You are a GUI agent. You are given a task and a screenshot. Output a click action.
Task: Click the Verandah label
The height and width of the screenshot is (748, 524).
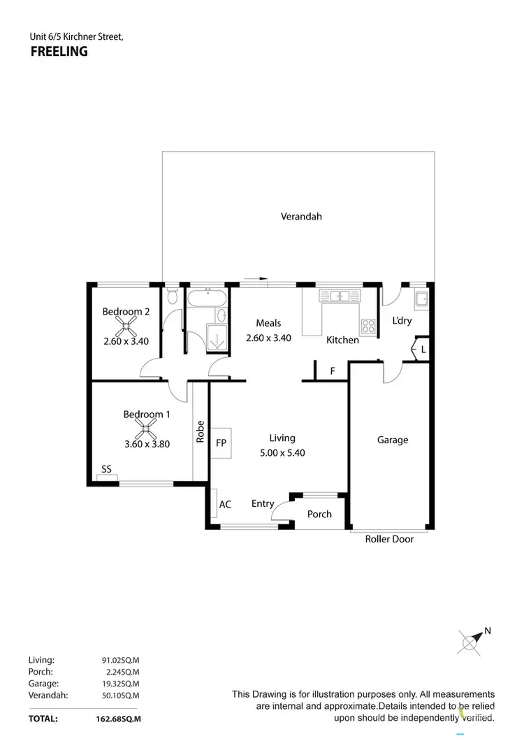[301, 217]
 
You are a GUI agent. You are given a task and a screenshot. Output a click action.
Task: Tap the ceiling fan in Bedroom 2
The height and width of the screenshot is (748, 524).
[126, 326]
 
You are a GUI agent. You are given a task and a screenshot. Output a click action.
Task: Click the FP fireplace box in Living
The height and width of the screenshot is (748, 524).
[221, 443]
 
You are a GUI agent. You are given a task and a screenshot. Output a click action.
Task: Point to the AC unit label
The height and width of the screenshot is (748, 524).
[225, 504]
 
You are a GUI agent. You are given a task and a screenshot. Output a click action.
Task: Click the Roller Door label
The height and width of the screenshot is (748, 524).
[390, 539]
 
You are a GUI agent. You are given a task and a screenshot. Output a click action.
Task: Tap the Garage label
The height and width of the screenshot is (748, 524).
[393, 440]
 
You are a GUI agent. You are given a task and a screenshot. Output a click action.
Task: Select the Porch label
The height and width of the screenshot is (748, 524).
[320, 514]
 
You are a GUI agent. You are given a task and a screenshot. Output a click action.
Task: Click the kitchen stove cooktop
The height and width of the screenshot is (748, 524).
[368, 325]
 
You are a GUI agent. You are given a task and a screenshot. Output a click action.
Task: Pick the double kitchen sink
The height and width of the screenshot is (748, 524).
[340, 296]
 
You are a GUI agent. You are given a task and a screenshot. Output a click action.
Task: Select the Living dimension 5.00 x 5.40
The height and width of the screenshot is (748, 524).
[282, 453]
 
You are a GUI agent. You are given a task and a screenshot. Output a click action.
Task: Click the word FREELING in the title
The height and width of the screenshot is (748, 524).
[59, 51]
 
